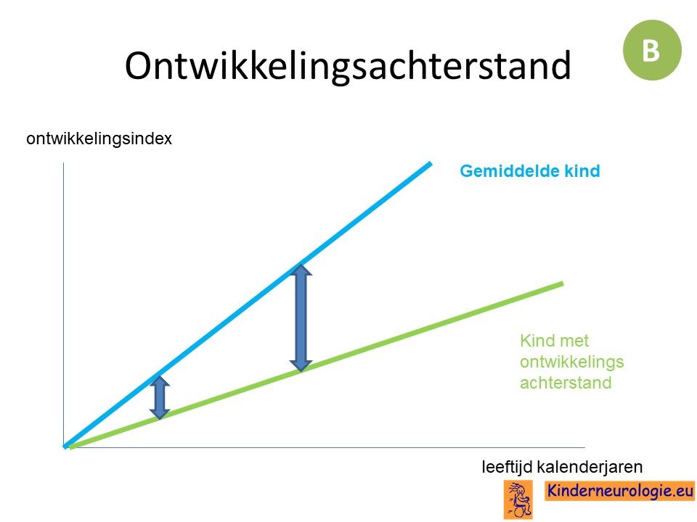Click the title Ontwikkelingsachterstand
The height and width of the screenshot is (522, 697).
(x=348, y=65)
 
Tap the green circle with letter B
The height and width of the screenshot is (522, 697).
(x=652, y=50)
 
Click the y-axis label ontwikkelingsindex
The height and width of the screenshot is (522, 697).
(x=99, y=139)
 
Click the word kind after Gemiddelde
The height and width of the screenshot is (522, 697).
(x=582, y=171)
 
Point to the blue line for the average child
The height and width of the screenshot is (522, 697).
(x=248, y=305)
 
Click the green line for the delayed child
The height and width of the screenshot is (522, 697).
(x=317, y=365)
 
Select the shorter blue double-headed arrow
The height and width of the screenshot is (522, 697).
(x=160, y=397)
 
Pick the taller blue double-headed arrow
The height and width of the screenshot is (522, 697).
(x=301, y=318)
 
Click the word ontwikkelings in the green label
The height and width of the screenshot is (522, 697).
(x=572, y=362)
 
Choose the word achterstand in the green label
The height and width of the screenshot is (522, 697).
(x=566, y=383)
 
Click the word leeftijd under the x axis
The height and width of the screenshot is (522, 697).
(x=507, y=467)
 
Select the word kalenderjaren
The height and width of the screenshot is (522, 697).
(x=590, y=467)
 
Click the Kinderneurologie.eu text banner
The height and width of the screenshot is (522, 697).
(x=619, y=491)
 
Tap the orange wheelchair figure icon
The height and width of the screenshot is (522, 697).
(x=518, y=500)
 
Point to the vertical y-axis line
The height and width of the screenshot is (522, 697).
(x=64, y=305)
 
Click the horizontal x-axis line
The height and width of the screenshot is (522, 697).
(x=325, y=447)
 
